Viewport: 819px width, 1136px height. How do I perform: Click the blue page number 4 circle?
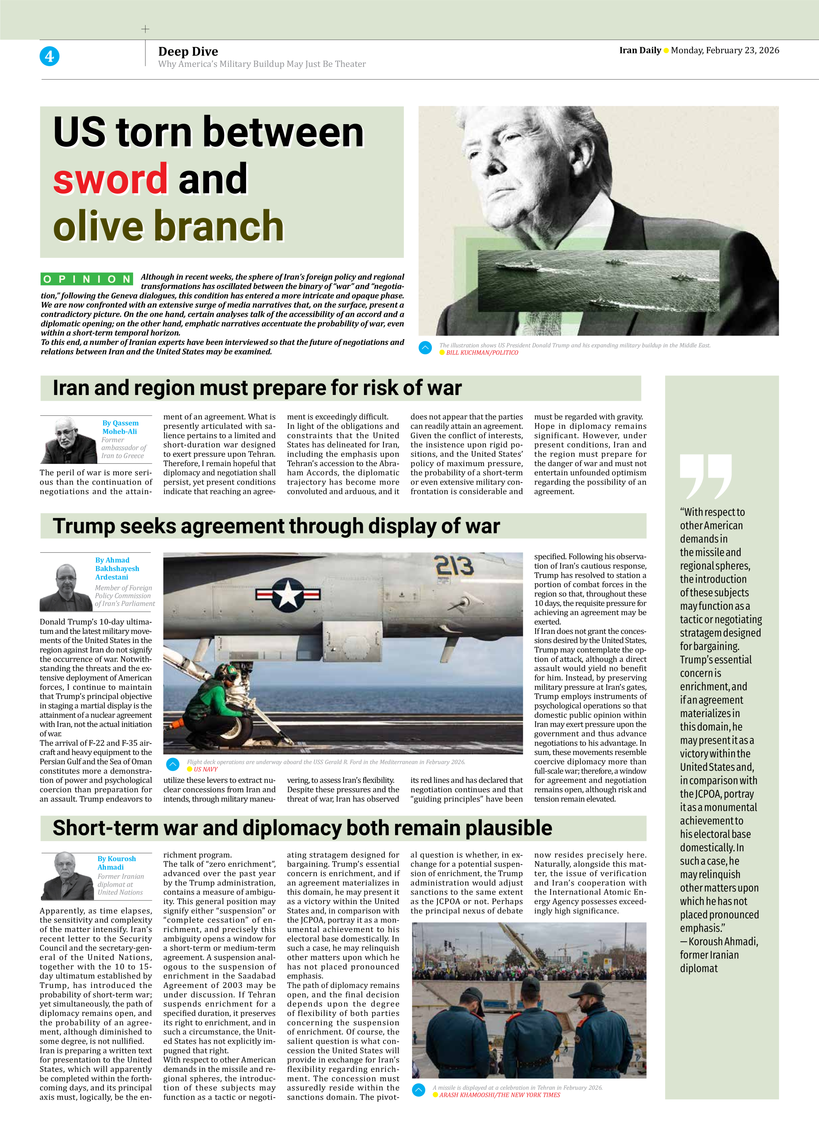49,56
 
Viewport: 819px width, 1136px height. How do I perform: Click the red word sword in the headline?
110,179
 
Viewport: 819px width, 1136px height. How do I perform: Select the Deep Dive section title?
188,51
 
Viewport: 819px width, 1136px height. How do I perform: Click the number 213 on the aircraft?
453,566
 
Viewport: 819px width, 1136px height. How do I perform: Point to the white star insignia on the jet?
288,594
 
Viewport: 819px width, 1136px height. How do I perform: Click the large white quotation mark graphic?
705,476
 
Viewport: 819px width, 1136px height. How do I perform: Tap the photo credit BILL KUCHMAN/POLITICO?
482,352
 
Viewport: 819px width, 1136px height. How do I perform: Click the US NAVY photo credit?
205,769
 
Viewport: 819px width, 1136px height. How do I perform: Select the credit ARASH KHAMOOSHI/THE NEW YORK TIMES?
499,1095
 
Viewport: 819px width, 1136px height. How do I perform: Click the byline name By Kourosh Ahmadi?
116,862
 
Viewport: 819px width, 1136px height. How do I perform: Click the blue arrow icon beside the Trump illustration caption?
425,348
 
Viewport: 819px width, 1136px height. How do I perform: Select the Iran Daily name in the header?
640,50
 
